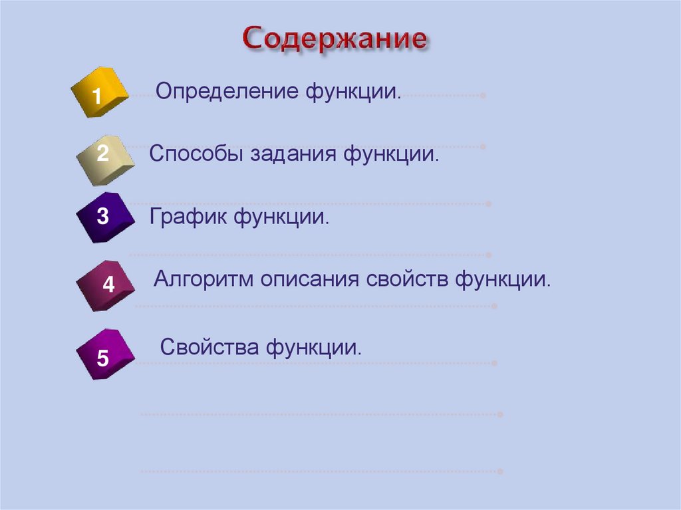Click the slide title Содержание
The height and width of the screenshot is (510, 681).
pyautogui.click(x=335, y=40)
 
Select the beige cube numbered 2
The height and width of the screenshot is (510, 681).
pyautogui.click(x=104, y=157)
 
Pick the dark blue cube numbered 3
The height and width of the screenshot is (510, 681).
pyautogui.click(x=103, y=217)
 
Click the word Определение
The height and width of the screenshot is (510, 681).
pyautogui.click(x=227, y=92)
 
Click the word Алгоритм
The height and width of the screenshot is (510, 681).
pyautogui.click(x=204, y=278)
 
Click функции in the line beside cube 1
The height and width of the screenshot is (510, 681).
pyautogui.click(x=354, y=92)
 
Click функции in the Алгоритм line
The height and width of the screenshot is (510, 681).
pyautogui.click(x=503, y=278)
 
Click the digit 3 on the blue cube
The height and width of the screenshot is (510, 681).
pyautogui.click(x=102, y=216)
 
